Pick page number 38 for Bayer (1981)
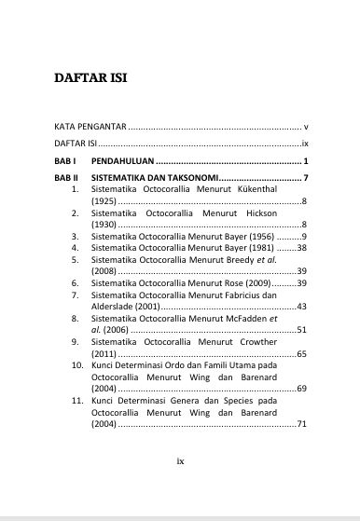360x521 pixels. [x=301, y=249]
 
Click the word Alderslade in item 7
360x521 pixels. [x=115, y=307]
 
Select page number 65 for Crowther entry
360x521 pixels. [x=301, y=354]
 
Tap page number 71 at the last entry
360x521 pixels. [x=301, y=424]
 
